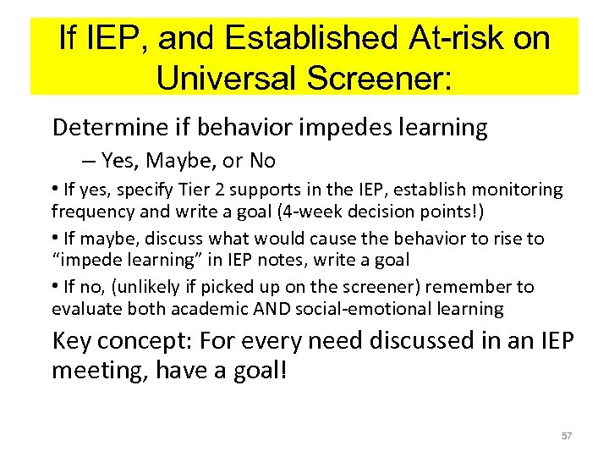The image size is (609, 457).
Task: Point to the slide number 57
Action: [567, 436]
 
